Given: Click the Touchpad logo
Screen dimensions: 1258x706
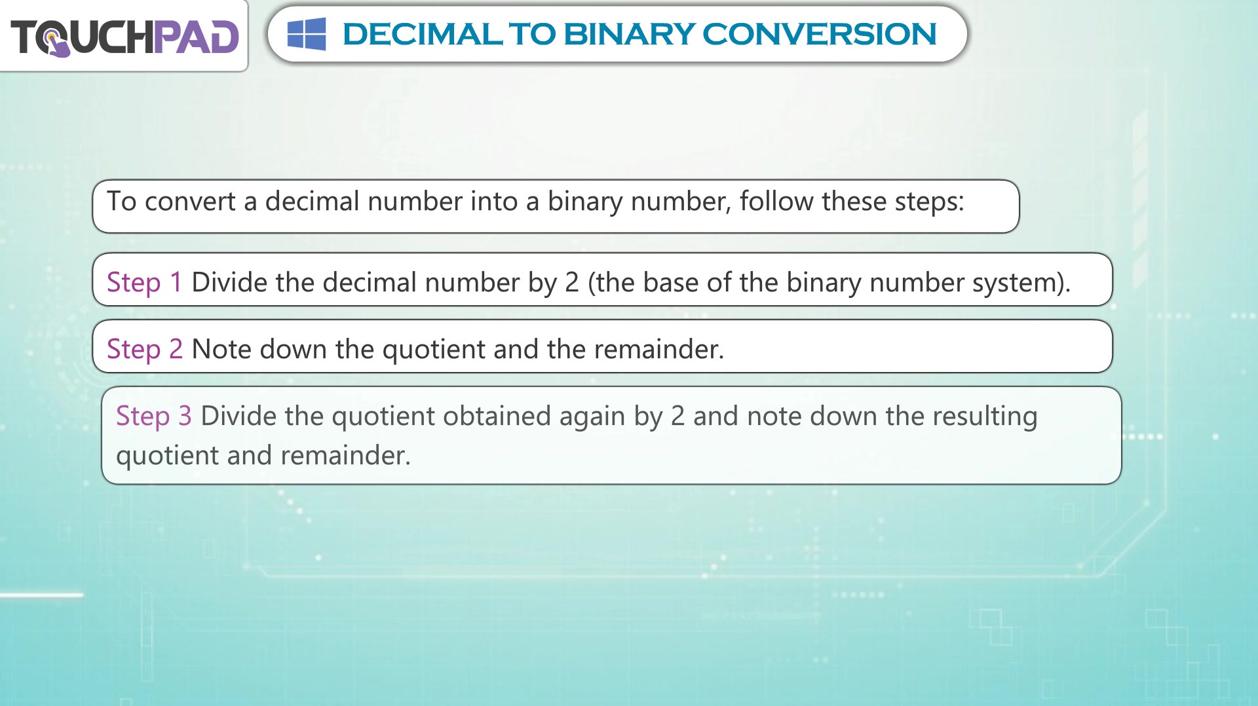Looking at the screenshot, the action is coord(124,37).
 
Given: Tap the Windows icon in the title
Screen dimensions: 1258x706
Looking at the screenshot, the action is coord(307,34).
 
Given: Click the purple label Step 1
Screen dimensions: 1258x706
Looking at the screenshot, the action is coord(144,283).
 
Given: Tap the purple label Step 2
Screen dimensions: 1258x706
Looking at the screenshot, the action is coord(145,350).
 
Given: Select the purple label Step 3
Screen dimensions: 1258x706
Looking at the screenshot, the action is coord(154,417).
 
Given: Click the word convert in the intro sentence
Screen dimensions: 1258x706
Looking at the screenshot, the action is coord(190,202).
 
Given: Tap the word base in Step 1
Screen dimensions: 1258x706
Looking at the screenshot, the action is coord(670,282).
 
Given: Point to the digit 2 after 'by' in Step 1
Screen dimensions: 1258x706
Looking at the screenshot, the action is coord(572,283).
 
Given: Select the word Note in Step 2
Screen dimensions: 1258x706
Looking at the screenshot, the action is coord(221,350).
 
